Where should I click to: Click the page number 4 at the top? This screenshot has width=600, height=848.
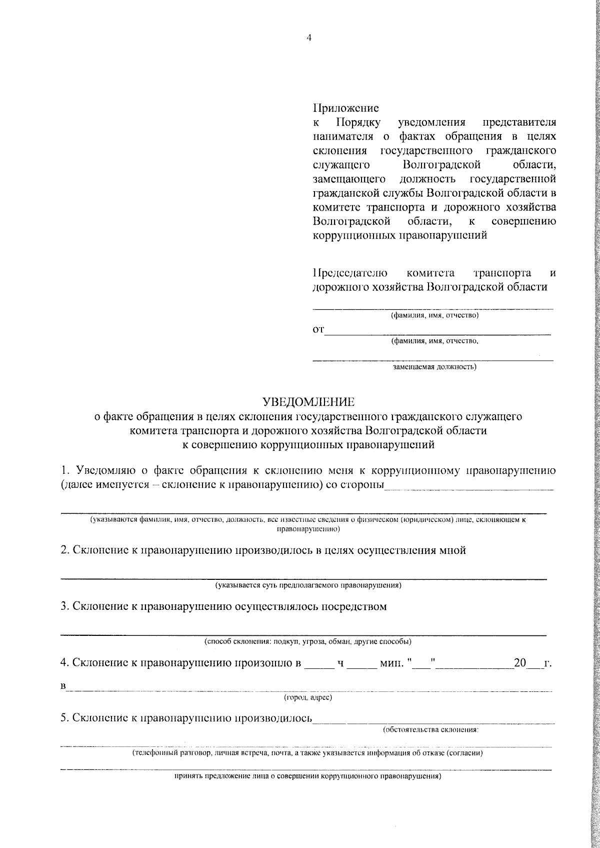click(308, 38)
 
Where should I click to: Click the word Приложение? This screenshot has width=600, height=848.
click(345, 108)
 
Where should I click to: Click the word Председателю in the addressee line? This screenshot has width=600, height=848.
click(350, 273)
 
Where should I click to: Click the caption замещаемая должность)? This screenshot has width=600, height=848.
click(434, 367)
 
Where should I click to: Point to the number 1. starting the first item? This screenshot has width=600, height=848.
click(64, 471)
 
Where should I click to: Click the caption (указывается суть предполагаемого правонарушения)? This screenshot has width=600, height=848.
click(308, 585)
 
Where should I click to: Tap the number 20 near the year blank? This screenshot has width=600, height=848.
click(520, 663)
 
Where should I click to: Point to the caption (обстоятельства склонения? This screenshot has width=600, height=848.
click(430, 729)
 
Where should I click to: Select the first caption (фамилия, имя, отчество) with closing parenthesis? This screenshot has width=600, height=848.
click(434, 316)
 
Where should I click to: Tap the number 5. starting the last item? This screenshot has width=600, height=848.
click(64, 718)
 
